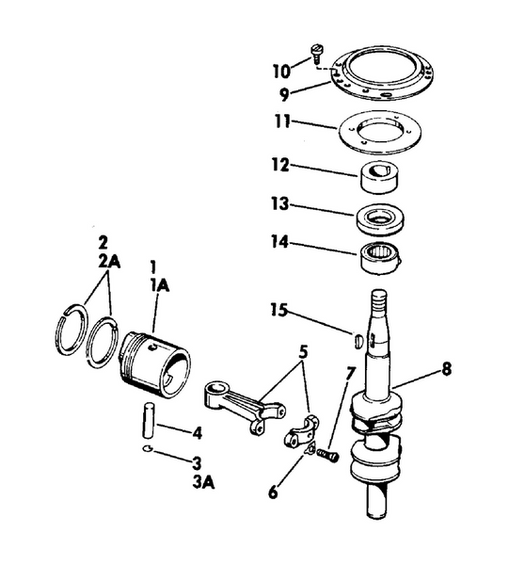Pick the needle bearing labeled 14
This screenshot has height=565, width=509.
click(x=381, y=256)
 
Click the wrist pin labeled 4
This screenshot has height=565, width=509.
click(x=149, y=418)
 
